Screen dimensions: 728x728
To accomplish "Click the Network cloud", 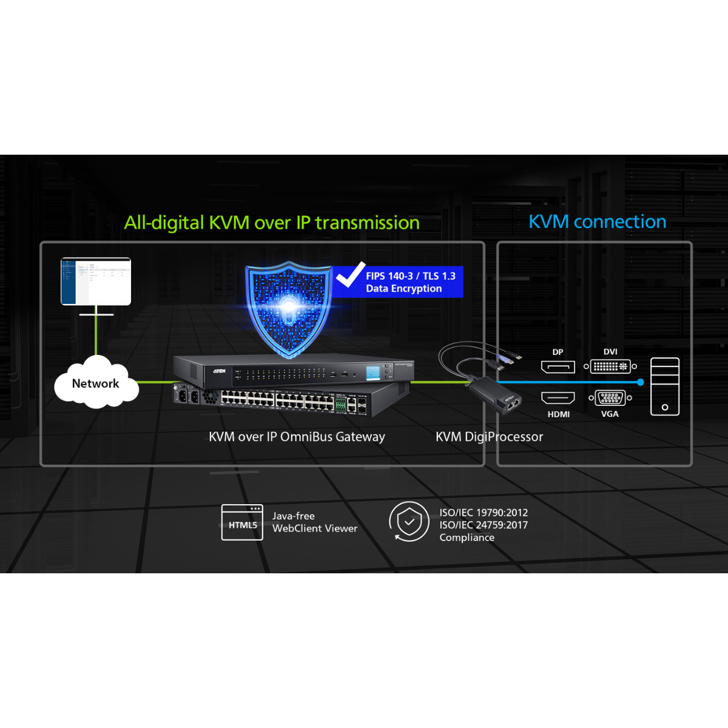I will tap(96, 383).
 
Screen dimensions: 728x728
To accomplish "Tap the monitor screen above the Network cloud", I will tap(96, 281).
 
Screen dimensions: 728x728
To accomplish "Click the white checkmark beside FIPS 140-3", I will tap(351, 275).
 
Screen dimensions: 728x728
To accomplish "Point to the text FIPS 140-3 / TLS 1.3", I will tap(410, 276).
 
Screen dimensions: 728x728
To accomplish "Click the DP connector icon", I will tap(558, 366).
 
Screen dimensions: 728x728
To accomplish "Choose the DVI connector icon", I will tap(610, 366).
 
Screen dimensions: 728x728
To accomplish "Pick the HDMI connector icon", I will tap(558, 398).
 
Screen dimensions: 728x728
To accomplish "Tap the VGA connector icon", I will tap(610, 398).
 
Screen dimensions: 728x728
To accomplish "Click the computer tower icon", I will tap(664, 386).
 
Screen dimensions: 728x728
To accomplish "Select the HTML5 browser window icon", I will tap(242, 522).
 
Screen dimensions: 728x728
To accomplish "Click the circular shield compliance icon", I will tap(409, 521).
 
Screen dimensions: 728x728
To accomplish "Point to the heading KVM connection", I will tap(597, 222).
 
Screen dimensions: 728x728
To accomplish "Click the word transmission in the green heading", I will tap(367, 223).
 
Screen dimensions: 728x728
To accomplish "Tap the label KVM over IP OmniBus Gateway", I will tap(297, 437).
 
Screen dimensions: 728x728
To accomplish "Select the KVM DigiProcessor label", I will tap(489, 437).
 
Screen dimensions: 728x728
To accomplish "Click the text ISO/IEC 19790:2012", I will tap(484, 513).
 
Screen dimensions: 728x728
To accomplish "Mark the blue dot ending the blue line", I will tap(641, 382).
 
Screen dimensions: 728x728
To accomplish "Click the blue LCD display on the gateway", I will tap(373, 372).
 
